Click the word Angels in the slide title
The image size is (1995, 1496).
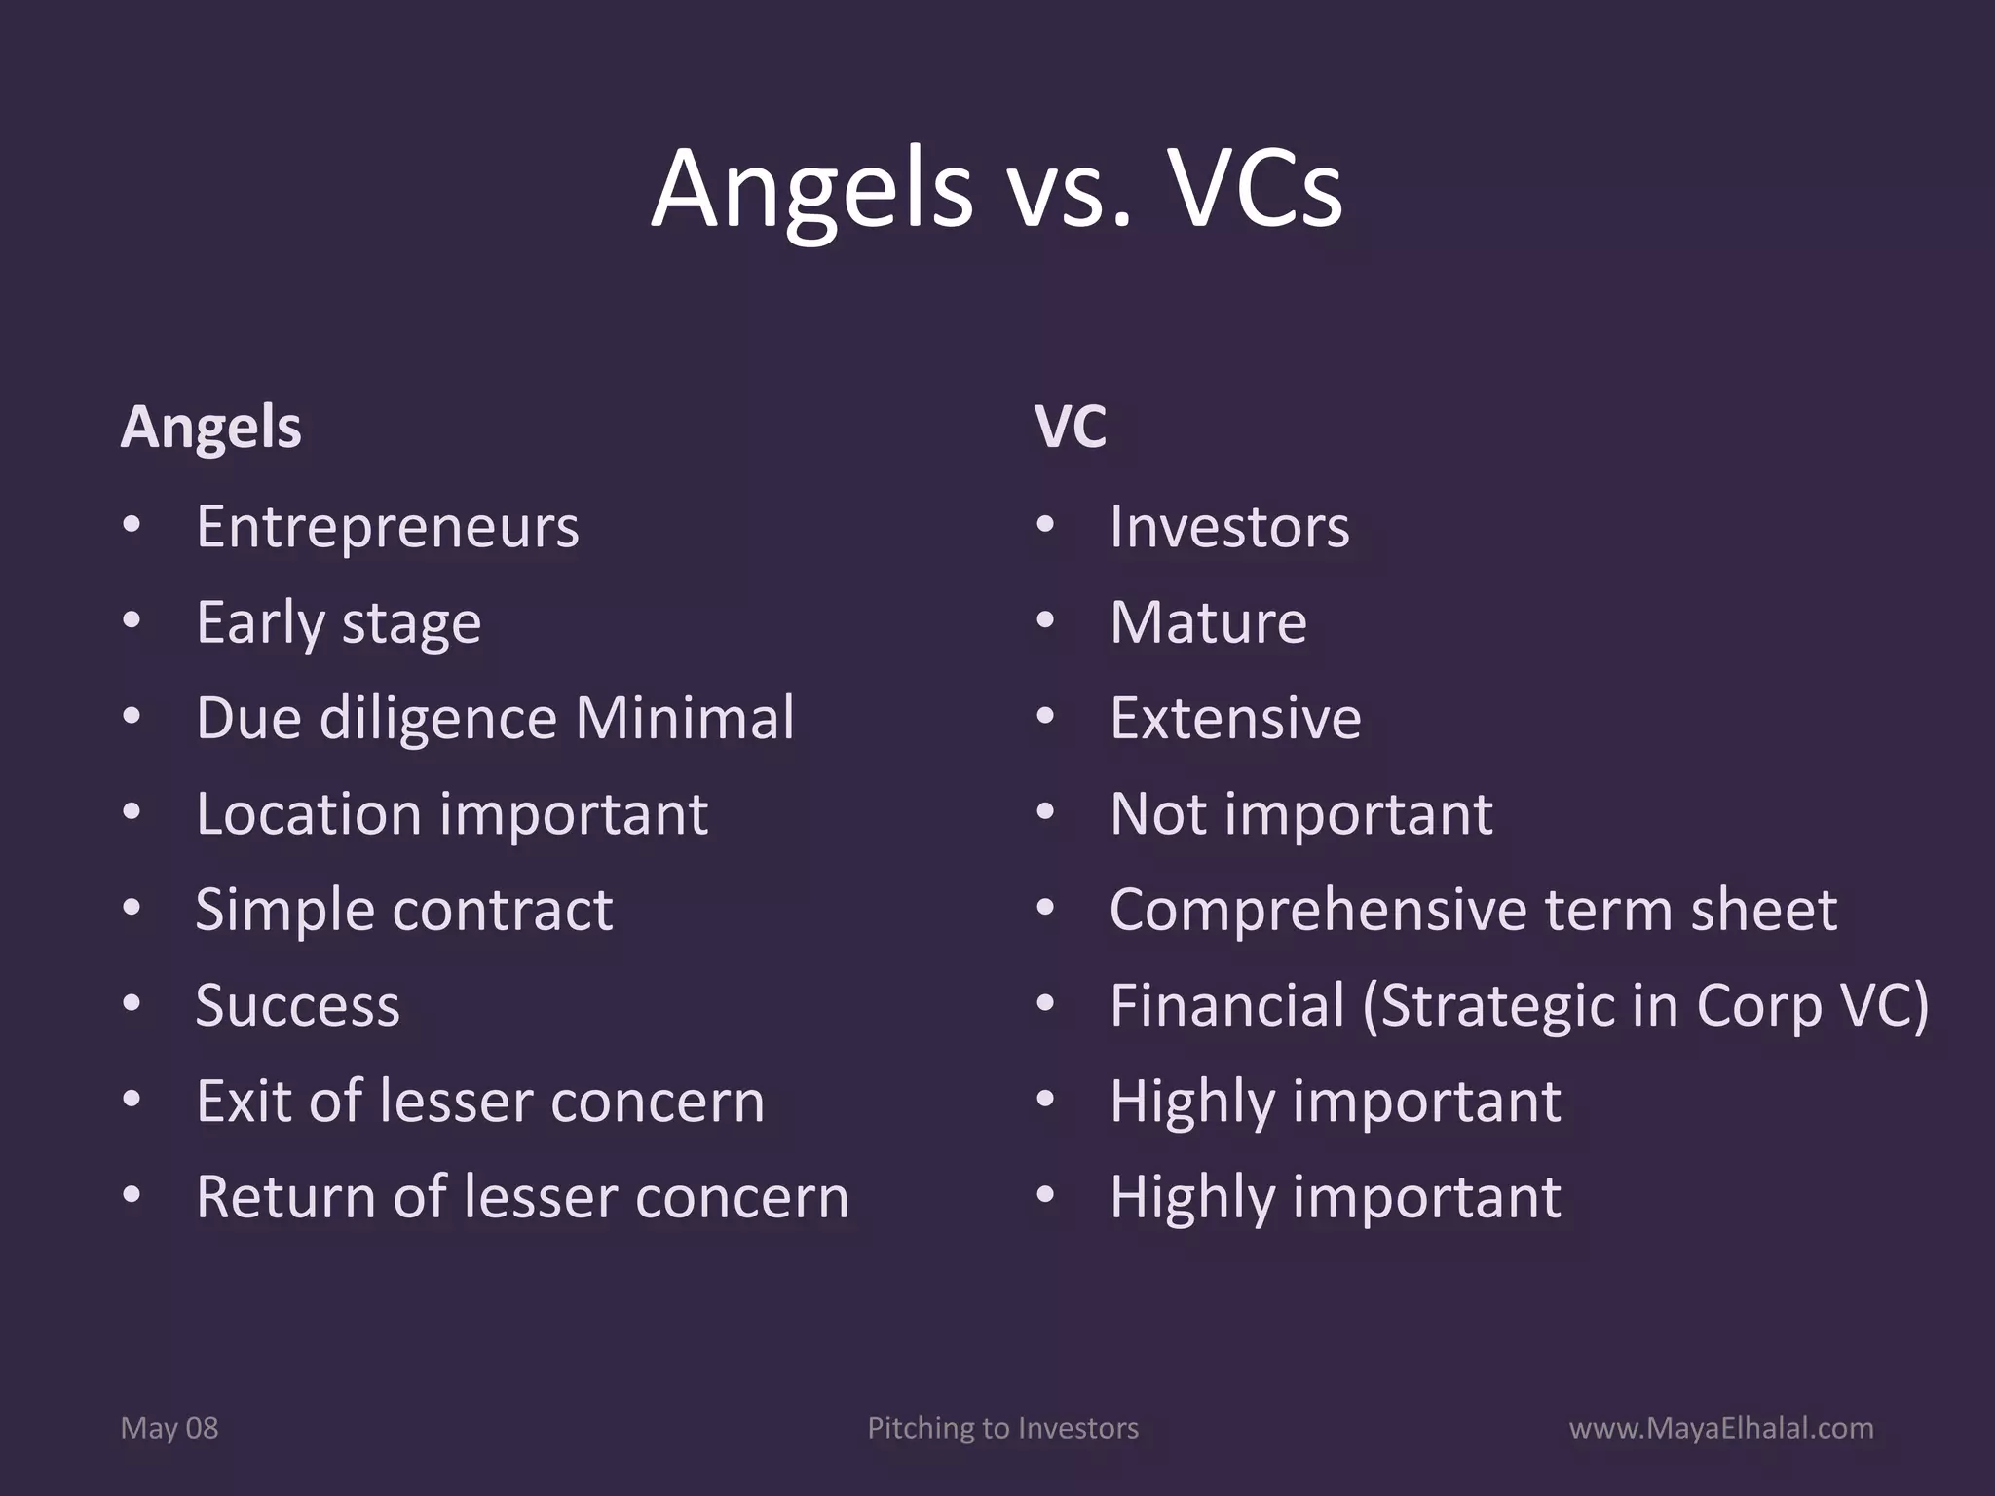[x=811, y=189]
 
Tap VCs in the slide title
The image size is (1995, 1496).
[x=1253, y=189]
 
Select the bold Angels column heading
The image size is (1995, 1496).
[x=210, y=427]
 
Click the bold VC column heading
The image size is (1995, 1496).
[x=1070, y=427]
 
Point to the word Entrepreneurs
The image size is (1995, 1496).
[x=387, y=527]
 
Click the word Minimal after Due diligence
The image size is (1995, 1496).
[x=684, y=719]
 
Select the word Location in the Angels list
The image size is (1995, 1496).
[x=308, y=814]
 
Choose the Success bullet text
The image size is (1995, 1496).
[x=297, y=1006]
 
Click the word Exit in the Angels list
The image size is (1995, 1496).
[x=244, y=1102]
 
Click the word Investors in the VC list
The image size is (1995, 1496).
[x=1229, y=527]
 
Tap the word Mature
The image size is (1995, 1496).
[x=1208, y=622]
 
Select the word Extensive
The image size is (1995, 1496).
[x=1235, y=719]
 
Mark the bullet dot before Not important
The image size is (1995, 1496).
[x=1045, y=812]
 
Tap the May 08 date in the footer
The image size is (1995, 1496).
[x=169, y=1428]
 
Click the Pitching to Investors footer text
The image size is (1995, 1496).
[x=1002, y=1428]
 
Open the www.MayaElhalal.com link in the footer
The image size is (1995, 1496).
[x=1720, y=1428]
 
